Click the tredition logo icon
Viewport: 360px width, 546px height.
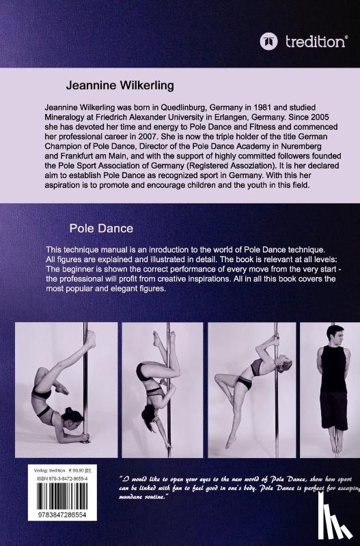[x=268, y=42]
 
